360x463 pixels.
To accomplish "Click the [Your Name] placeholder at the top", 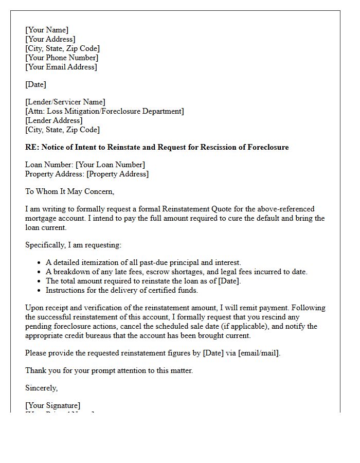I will coord(47,30).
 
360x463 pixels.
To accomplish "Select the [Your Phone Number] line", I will coord(61,58).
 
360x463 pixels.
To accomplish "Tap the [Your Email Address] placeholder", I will coord(61,67).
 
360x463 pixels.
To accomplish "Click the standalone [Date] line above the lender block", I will coord(35,84).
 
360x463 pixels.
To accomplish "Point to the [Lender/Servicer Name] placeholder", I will coord(65,102).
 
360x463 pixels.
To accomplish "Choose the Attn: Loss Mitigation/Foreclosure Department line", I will coord(104,111).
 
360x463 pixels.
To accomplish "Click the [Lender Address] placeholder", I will coord(53,120).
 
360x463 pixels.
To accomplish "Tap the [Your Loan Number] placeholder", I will coord(110,165).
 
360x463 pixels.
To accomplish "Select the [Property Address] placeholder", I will coord(117,174).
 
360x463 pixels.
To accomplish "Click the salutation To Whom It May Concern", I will coord(69,191).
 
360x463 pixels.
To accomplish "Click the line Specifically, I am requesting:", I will coord(73,245).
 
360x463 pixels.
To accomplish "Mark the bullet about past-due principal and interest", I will coord(143,262).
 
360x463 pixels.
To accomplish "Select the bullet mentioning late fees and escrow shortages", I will coord(176,272).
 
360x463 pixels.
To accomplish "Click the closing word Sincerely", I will coord(41,388).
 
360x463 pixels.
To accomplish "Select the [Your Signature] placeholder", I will coord(52,405).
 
